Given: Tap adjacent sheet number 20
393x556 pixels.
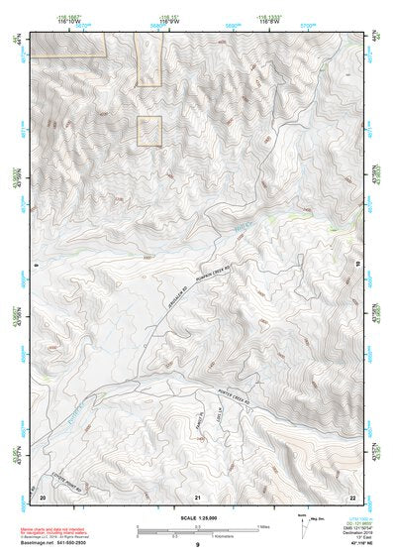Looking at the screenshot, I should [x=44, y=496].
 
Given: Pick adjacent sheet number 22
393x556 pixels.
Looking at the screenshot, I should [x=351, y=496].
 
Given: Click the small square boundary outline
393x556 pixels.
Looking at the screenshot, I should [x=148, y=131].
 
